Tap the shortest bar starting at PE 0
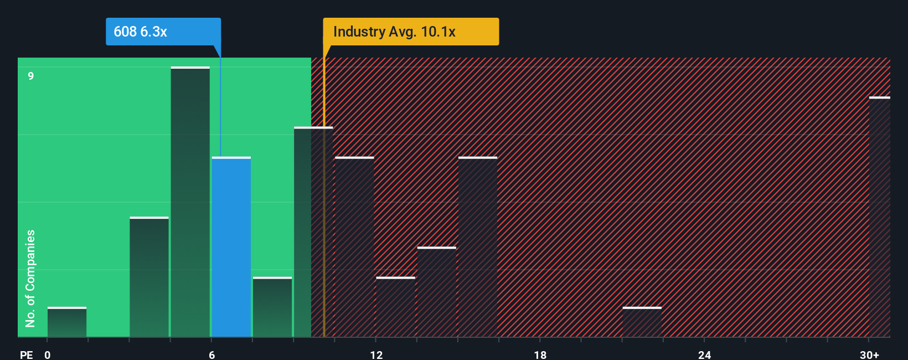tap(67, 322)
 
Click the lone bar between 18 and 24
tap(642, 322)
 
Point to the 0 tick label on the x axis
tap(48, 354)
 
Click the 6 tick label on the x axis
tap(212, 354)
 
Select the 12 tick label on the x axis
tap(376, 354)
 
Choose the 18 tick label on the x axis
tap(540, 354)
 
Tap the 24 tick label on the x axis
tap(704, 354)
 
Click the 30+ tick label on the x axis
tap(869, 354)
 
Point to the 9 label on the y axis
tap(31, 76)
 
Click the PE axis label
tap(26, 354)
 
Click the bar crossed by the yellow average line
tap(313, 232)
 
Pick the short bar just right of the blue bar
tap(272, 307)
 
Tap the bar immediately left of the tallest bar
tap(149, 277)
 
